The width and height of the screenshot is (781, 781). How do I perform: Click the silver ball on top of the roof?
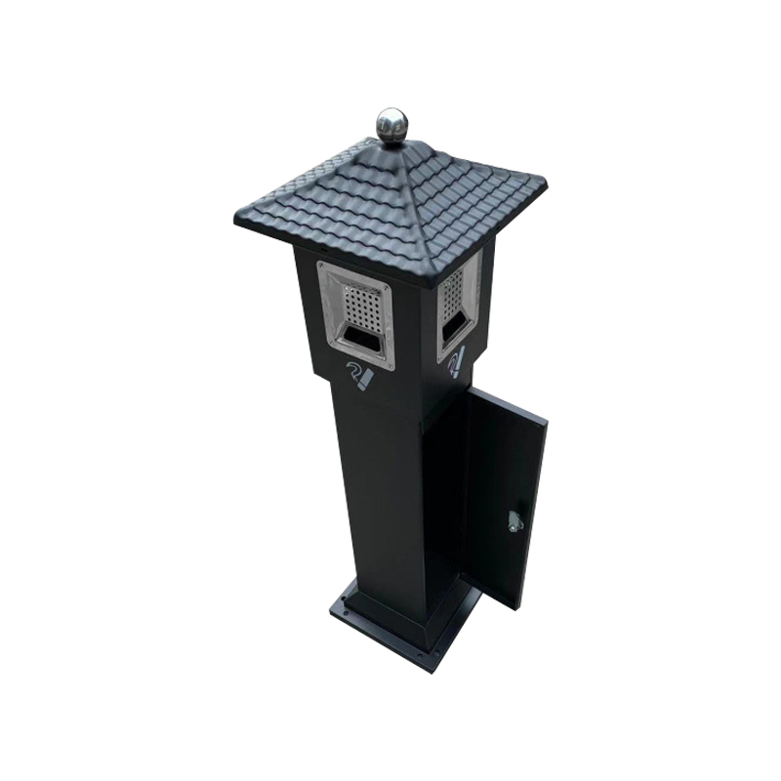391,124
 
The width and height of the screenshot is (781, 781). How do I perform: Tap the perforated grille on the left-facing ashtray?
362,308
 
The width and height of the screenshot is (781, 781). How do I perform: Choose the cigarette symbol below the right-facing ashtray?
456,362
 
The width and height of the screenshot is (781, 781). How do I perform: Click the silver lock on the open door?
514,521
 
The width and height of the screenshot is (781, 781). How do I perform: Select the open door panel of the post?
505,488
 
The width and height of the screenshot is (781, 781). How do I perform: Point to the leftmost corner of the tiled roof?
237,216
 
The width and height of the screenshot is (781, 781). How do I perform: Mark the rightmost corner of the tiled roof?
544,181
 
